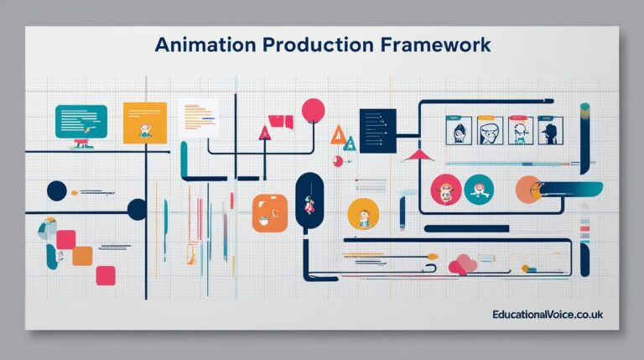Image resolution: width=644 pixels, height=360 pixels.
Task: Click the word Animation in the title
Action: coord(200,44)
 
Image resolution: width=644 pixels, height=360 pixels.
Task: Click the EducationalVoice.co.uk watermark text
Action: coord(548,314)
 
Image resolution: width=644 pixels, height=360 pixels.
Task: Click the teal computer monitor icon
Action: coord(80,122)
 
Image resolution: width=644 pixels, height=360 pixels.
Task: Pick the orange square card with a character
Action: coord(145,123)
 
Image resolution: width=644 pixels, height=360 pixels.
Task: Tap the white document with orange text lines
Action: coord(198,118)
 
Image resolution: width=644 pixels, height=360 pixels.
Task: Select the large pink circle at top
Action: coord(313,110)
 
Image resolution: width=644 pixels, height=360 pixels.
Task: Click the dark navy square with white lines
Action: coord(377,130)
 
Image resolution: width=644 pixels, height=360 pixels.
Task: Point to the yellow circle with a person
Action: coord(363,217)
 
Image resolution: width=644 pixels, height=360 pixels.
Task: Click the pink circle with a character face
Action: coord(445,190)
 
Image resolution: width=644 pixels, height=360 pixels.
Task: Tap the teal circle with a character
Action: coord(479,190)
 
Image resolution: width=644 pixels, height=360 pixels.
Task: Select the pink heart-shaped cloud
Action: coord(462,264)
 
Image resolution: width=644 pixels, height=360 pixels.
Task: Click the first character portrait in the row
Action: coord(459,131)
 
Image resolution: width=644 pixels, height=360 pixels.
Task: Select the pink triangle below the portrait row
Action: coord(417,154)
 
